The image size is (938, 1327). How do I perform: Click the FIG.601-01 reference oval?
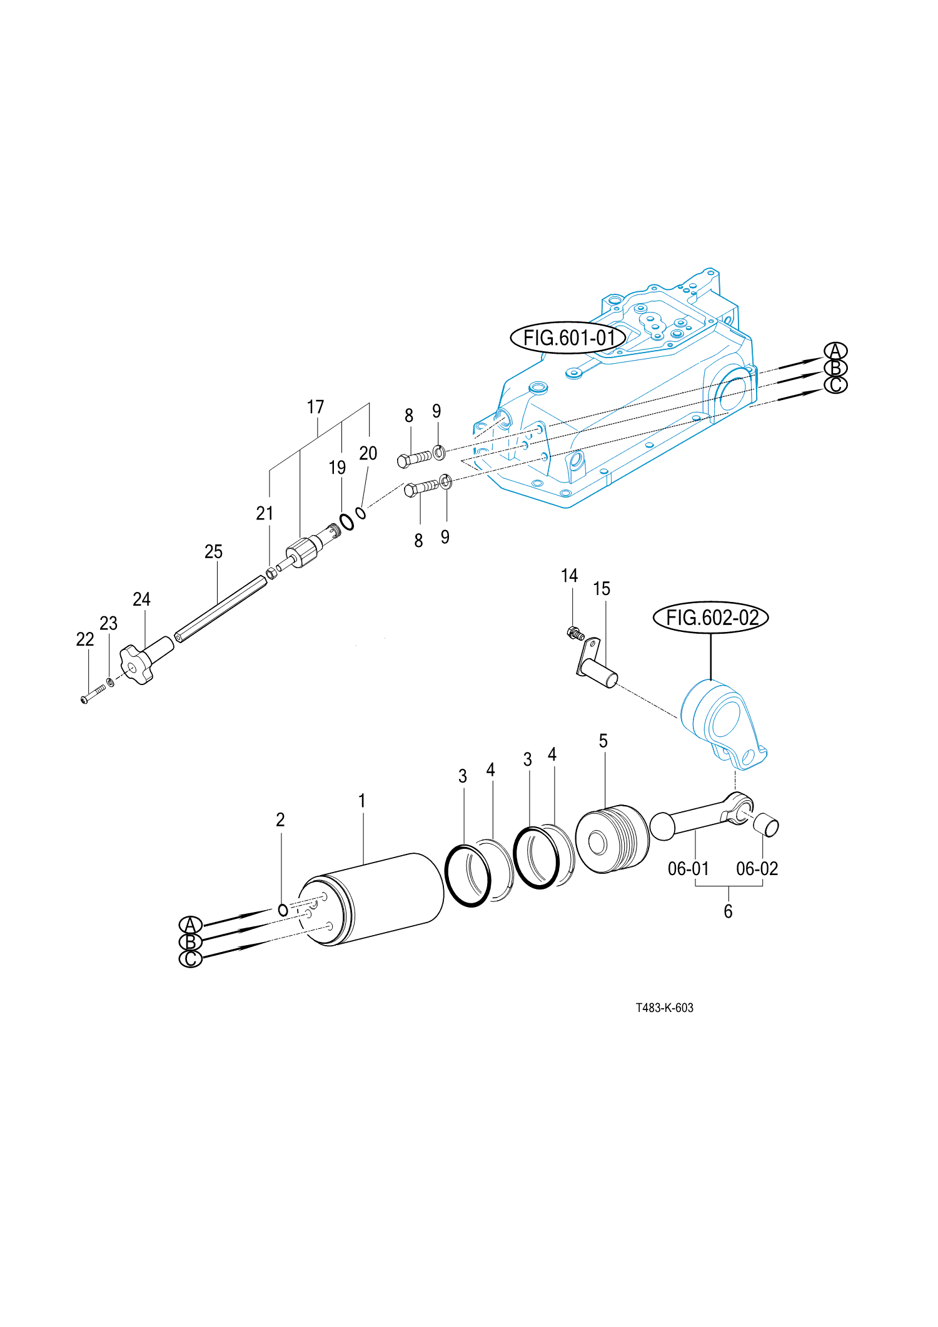coord(568,338)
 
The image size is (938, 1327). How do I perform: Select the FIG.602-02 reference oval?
coord(711,618)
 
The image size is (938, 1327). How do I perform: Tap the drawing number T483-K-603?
coord(665,1008)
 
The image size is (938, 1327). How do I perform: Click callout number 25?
coord(213,552)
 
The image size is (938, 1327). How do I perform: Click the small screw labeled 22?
coord(93,694)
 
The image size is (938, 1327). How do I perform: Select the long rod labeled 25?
coord(220,608)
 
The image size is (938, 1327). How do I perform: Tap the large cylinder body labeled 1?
coord(372,899)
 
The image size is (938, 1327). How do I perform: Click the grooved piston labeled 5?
coord(612,839)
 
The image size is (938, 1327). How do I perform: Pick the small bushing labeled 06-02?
coord(766,824)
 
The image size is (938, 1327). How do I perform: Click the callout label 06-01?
coord(688,869)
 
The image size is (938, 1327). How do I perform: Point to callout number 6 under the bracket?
coord(728,911)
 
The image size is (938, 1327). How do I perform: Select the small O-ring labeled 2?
coord(283,910)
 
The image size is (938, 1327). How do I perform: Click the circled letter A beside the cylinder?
coord(191,924)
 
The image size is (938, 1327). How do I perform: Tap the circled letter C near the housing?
coord(835,385)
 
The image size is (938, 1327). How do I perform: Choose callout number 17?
coord(315,407)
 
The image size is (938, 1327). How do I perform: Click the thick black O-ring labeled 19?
coord(346,521)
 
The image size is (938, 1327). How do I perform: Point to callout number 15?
coord(602,589)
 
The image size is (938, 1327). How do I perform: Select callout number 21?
coord(265,513)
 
